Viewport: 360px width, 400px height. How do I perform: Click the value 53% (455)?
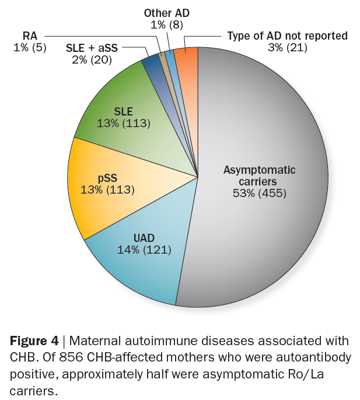pos(259,192)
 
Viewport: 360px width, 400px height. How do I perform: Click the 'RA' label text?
pos(30,36)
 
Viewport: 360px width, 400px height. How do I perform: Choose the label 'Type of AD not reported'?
pos(287,36)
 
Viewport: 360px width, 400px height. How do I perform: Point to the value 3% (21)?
pos(288,48)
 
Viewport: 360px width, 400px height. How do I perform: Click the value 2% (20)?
pos(92,60)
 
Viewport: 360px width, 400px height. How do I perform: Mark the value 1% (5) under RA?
pos(30,48)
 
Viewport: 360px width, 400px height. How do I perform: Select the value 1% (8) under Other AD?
pos(167,24)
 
